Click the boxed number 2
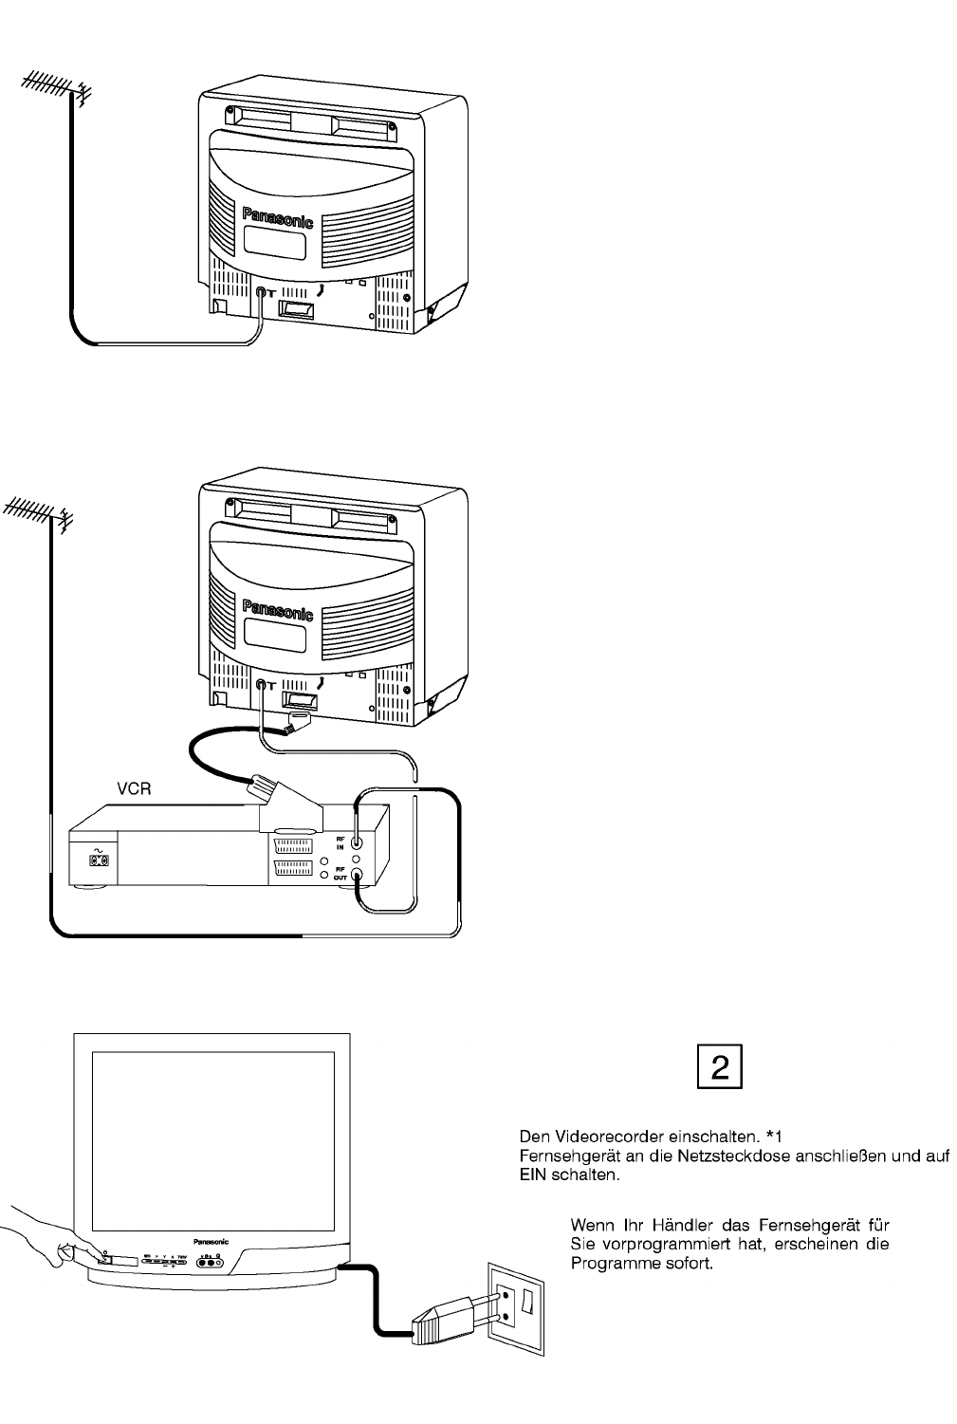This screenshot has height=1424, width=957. [x=719, y=1067]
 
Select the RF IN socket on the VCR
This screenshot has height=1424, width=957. [x=357, y=841]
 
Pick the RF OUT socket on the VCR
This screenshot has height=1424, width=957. [x=357, y=876]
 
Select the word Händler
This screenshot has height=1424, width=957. [x=674, y=1223]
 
